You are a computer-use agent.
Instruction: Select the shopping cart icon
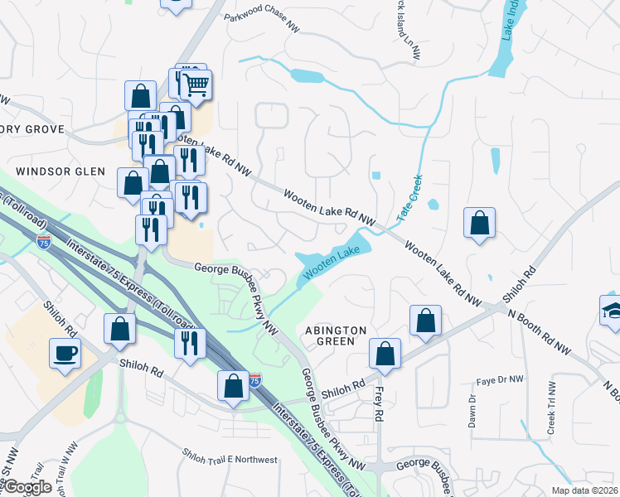point(196,84)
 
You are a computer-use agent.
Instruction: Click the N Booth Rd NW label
point(540,331)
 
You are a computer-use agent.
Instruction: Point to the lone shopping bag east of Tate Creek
point(480,223)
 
